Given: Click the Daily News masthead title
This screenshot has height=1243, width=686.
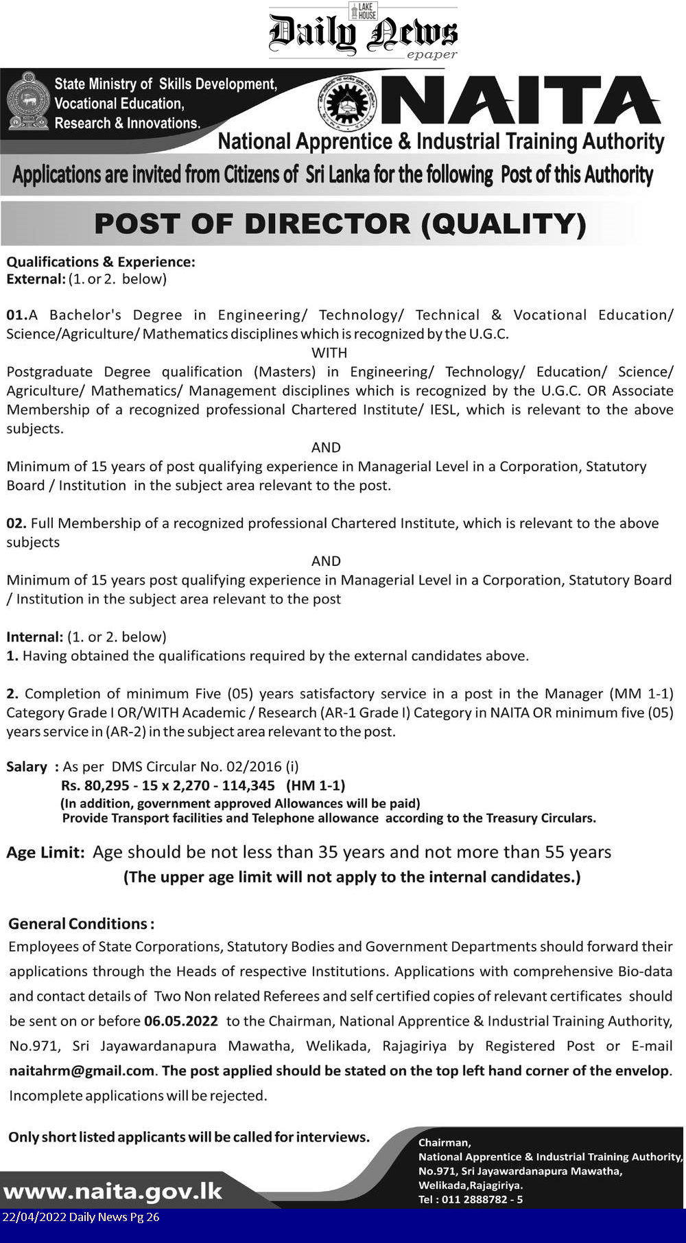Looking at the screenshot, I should [x=363, y=33].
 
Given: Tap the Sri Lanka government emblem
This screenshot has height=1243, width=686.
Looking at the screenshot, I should [x=27, y=101].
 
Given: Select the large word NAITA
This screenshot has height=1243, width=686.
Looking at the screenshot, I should [x=521, y=101].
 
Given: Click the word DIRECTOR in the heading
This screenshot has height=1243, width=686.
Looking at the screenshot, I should [x=327, y=224].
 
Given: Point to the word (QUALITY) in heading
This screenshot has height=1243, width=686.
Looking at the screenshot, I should [x=504, y=224].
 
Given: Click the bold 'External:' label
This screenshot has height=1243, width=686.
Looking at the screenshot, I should [x=36, y=279].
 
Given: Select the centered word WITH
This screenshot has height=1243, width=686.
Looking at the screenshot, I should [x=329, y=353].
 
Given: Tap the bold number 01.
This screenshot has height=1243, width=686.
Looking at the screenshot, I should [x=16, y=315].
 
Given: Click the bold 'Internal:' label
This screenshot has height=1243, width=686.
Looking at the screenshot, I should [x=34, y=637].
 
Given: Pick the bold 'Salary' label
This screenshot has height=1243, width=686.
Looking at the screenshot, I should [x=27, y=767].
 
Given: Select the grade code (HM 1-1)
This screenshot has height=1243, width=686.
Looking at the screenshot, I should [x=316, y=785].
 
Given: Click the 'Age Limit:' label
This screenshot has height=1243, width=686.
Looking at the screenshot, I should [x=45, y=853].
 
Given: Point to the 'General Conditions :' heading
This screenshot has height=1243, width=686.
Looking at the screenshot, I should [x=81, y=924].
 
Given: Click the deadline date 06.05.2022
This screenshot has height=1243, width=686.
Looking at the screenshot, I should [x=181, y=1021].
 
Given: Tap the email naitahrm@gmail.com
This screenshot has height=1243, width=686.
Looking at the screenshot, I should [x=82, y=1071].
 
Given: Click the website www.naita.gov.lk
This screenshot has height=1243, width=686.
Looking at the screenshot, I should [x=113, y=1191].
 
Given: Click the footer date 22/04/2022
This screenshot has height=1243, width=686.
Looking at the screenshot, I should [x=34, y=1217].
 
